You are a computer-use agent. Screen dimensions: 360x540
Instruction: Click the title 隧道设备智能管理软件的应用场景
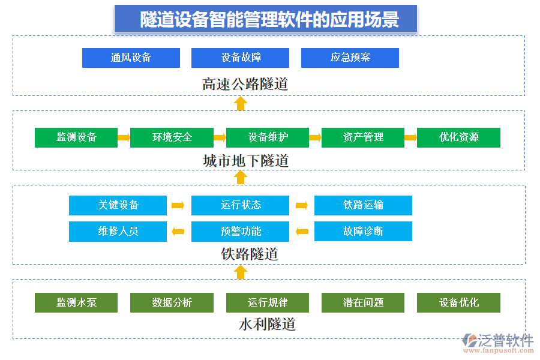(266, 19)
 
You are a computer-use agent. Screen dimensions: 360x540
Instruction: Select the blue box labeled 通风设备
(131, 58)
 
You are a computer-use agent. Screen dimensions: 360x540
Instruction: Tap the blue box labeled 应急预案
(350, 58)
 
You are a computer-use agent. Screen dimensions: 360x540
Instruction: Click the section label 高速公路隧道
(245, 84)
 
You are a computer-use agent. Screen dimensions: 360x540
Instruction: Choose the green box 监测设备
(76, 137)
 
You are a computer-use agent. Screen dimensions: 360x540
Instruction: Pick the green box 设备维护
(268, 137)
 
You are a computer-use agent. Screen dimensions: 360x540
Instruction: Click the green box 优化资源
(458, 137)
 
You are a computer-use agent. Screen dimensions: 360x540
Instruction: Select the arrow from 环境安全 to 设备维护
(220, 137)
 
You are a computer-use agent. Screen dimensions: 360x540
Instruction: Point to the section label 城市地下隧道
(245, 161)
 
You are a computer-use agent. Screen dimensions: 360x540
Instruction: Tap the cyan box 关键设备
(118, 205)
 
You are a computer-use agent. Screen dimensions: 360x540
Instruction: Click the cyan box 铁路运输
(363, 205)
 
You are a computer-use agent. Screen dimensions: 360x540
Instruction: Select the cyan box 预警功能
(240, 232)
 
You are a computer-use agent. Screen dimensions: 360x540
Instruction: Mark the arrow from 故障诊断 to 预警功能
(302, 232)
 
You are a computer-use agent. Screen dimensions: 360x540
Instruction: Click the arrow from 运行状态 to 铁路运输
(302, 205)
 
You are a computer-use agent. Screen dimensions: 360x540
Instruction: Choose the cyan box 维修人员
(118, 232)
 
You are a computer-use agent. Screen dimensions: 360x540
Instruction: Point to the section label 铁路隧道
(249, 254)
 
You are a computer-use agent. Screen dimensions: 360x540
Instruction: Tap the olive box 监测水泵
(76, 303)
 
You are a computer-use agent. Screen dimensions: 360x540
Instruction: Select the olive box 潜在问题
(363, 303)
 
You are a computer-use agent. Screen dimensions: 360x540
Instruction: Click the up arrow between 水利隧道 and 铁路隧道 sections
(241, 272)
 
